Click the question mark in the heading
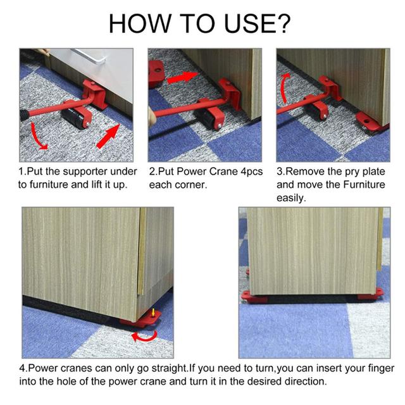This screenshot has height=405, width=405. [x=282, y=23]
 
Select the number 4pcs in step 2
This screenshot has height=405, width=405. [x=251, y=172]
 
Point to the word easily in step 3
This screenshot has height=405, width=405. [x=291, y=198]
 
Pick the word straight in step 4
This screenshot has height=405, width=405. [x=169, y=368]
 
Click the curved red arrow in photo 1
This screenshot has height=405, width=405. [x=38, y=137]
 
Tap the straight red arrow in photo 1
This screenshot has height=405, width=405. [x=108, y=137]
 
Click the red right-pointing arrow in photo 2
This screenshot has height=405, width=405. [x=182, y=77]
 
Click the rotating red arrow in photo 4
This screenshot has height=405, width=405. [x=144, y=336]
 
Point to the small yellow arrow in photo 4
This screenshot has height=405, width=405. [x=153, y=312]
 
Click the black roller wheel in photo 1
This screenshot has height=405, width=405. [x=75, y=119]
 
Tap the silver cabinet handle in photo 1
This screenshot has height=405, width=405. [x=89, y=56]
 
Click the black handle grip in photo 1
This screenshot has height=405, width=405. [x=24, y=115]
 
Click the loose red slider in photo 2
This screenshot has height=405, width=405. [x=156, y=73]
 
